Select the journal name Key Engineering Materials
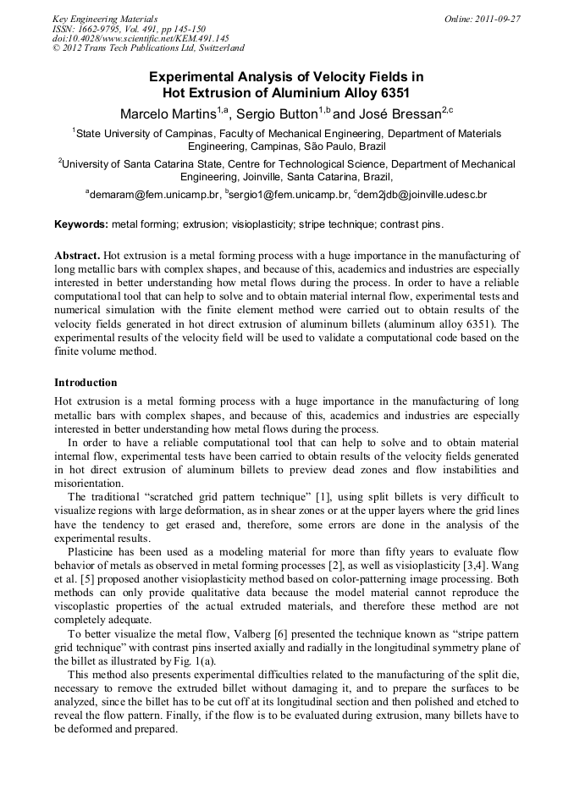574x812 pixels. point(105,19)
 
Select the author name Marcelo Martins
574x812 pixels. point(167,113)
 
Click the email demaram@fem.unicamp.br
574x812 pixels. point(152,195)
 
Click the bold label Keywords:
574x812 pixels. point(80,224)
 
